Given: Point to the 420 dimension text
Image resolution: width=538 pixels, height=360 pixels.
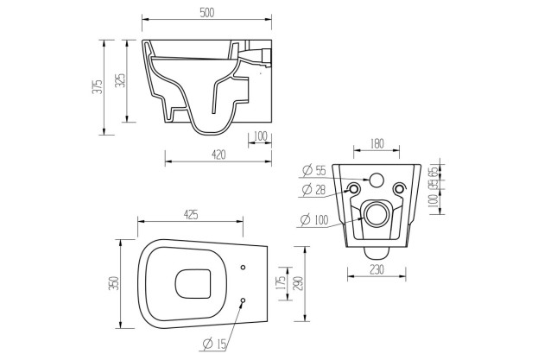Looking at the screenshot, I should point(218,155).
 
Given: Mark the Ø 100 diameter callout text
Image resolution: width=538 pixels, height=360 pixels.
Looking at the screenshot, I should point(314,220).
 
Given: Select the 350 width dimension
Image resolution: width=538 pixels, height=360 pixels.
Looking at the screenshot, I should point(113,284).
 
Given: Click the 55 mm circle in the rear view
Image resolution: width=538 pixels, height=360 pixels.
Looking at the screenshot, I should point(376,180).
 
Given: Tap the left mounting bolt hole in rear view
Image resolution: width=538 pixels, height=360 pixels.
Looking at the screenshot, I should point(354,189).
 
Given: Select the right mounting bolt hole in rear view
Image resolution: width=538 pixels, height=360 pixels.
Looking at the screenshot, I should point(398,189).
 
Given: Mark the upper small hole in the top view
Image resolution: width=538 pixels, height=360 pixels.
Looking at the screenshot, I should point(243,266).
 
